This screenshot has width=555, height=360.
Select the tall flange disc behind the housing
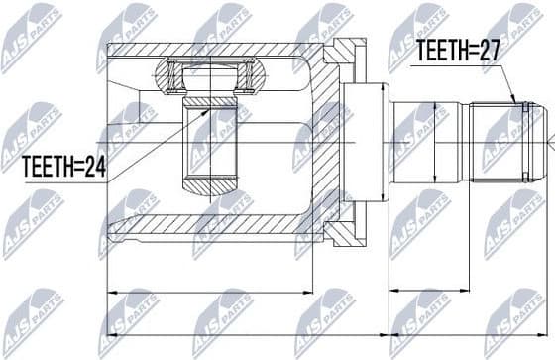368,139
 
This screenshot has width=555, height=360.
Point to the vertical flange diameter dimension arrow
383,139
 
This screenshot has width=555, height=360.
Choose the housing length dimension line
208,292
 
